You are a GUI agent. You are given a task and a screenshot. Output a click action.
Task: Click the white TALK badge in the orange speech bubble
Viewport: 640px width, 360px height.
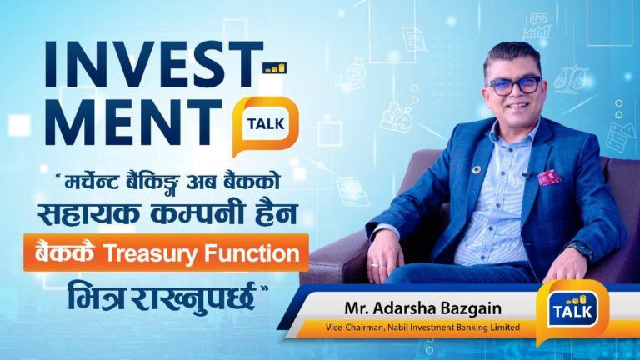tap(266, 123)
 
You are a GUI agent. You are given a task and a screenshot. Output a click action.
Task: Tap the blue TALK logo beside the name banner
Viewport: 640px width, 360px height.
tap(572, 309)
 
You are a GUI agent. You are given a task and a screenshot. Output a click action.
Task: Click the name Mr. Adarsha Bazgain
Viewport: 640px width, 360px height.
tap(422, 308)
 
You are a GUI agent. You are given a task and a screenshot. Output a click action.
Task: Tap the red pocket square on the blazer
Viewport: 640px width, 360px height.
tap(549, 177)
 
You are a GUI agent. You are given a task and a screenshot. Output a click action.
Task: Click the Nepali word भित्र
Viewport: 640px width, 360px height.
tap(96, 296)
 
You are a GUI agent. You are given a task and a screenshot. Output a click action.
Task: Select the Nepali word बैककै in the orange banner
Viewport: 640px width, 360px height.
tap(65, 252)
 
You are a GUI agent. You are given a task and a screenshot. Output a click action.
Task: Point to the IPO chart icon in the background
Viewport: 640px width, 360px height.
tap(538, 26)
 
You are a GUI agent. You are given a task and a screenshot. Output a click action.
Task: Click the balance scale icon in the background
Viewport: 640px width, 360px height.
tap(572, 79)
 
